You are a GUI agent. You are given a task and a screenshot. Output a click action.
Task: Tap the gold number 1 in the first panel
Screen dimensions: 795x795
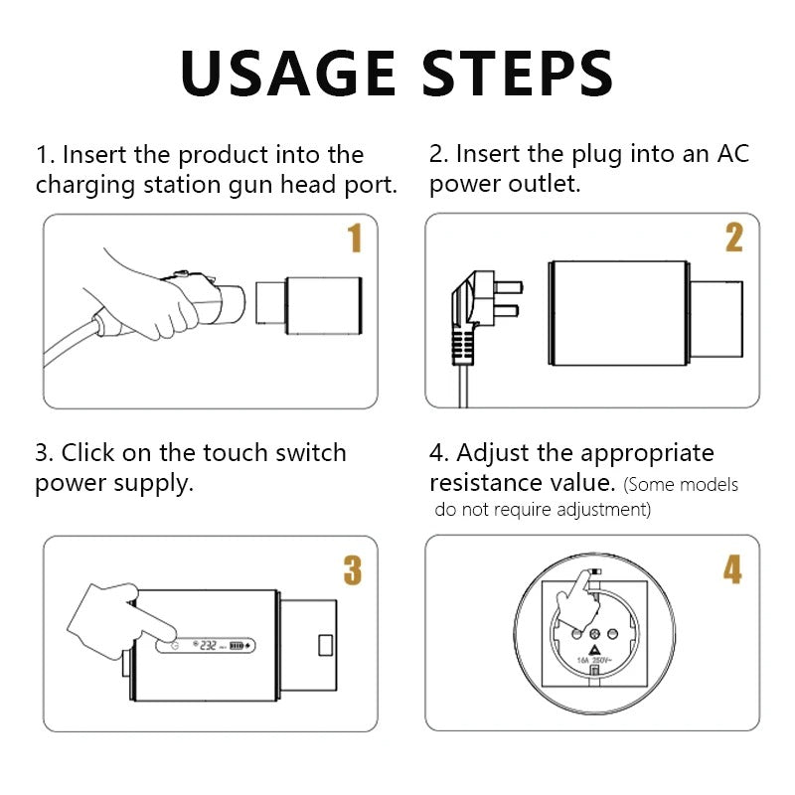tap(355, 238)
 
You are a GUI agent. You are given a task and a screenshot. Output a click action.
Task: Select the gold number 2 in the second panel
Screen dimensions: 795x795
tap(733, 238)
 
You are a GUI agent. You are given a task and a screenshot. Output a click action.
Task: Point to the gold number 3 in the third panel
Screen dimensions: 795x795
tap(353, 569)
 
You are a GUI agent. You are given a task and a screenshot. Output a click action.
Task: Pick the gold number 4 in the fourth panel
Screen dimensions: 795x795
tap(732, 569)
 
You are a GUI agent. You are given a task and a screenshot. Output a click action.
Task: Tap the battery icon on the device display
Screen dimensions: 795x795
tap(237, 645)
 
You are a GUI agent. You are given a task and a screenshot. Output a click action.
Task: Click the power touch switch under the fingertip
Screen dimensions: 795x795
tap(175, 645)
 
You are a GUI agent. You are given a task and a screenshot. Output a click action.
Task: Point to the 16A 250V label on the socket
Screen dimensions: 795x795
tap(594, 659)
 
